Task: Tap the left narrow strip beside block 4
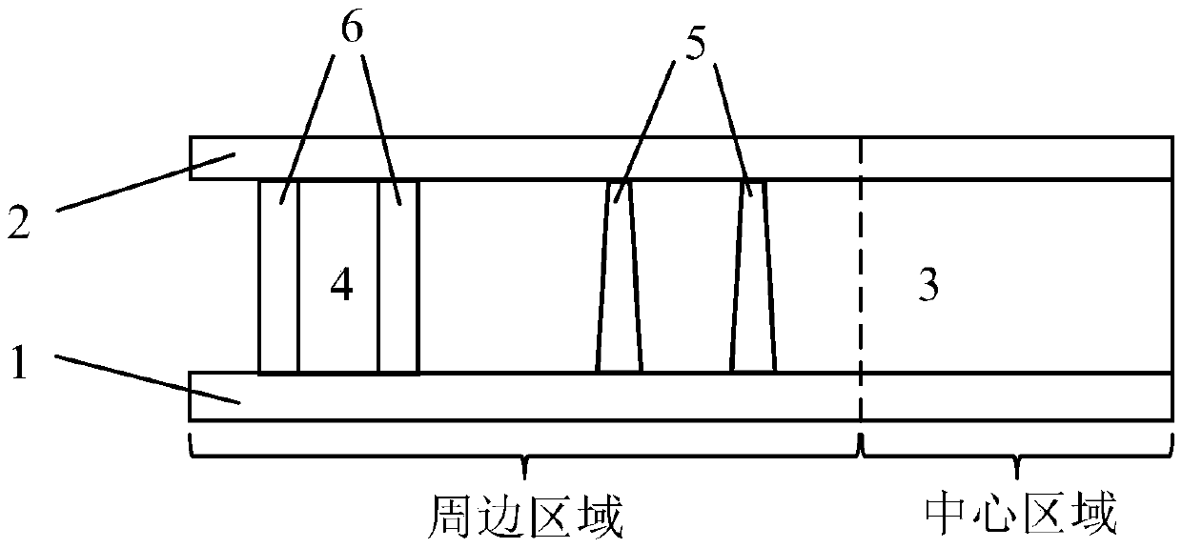(279, 276)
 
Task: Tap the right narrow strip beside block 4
(398, 276)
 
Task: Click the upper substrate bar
(667, 158)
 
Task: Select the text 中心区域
(1019, 517)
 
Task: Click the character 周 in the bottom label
(446, 517)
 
